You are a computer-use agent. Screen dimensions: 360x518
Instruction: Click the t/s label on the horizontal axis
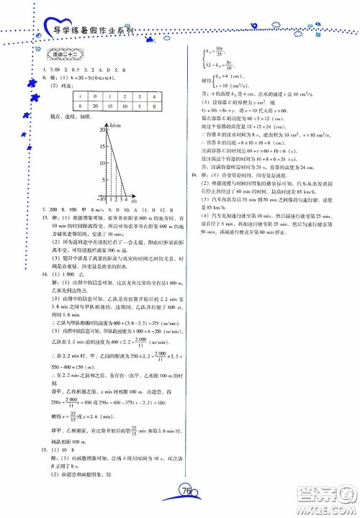[135, 201]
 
